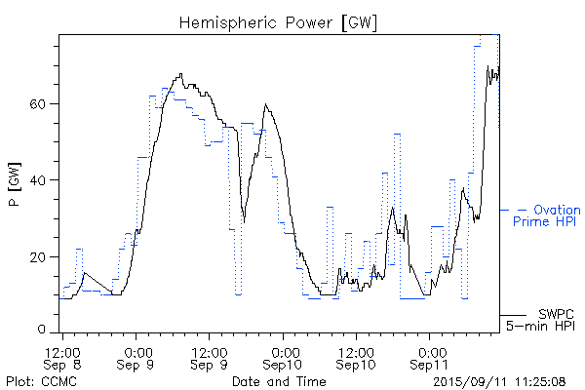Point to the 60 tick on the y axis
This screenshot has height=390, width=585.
tap(42, 103)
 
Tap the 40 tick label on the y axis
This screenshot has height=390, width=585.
tap(42, 179)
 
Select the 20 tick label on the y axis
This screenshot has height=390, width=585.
tap(42, 256)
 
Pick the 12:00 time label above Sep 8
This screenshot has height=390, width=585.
tap(61, 350)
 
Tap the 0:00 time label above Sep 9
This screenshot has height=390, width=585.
tap(137, 350)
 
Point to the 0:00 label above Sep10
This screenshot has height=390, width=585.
tap(285, 350)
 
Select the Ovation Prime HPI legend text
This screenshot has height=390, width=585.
tap(547, 215)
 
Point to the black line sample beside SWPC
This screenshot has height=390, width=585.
tap(514, 315)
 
